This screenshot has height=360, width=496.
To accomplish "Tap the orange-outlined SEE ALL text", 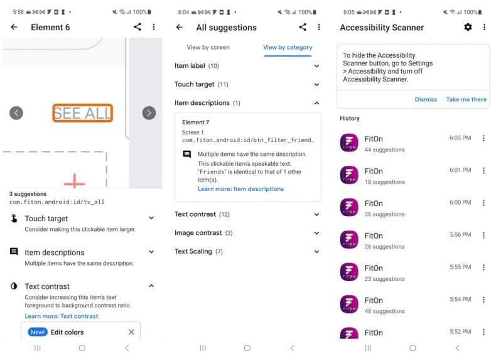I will point(83,113).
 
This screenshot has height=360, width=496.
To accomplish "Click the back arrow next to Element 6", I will point(14,27).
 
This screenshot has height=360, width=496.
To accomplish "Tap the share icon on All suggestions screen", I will point(303,27).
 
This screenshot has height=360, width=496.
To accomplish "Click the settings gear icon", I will point(468,27).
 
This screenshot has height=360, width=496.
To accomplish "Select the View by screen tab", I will point(208,48).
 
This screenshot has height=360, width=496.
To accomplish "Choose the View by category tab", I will point(288,48).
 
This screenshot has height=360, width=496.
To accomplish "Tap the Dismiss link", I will point(426,99).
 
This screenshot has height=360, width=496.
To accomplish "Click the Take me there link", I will point(466,99).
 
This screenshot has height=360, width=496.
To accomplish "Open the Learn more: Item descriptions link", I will point(240,189).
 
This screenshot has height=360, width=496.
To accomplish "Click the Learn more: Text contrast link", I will point(62,316).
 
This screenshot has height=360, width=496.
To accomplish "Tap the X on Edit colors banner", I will point(131,332).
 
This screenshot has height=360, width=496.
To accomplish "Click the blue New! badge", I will point(38,332).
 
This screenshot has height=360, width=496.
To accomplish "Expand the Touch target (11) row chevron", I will point(316,84).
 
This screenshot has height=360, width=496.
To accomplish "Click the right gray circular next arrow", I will point(149,113).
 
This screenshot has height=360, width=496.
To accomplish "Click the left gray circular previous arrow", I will point(16,113).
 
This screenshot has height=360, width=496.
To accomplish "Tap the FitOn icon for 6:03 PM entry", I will point(349,143).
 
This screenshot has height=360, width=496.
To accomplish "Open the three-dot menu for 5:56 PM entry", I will point(483,235).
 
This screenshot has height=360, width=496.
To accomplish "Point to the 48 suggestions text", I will point(384,311).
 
